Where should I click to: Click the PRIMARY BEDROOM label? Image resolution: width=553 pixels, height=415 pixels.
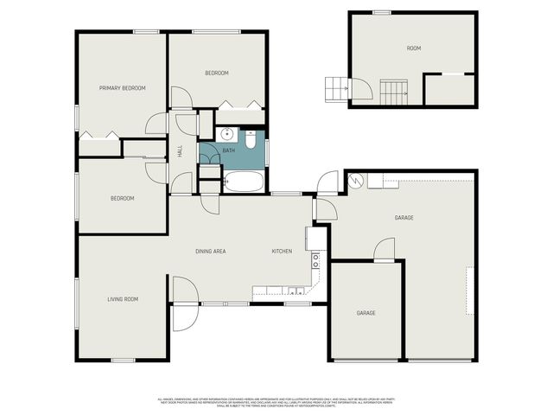coord(122,88)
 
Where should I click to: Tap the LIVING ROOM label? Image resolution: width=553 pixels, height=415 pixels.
coord(123,299)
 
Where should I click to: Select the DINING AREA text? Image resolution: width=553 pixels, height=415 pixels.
coord(210,252)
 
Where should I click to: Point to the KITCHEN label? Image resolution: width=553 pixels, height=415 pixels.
coord(282,252)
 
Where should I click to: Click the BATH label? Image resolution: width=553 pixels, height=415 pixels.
coord(229,151)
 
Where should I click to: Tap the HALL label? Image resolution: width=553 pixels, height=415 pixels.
coord(180,150)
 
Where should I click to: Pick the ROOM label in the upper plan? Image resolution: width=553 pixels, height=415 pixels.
coord(414,48)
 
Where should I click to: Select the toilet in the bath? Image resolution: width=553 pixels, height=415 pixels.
coord(251,137)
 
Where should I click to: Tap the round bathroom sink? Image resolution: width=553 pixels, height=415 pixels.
coord(226,134)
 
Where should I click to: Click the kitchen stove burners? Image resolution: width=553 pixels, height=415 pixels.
coord(316,257)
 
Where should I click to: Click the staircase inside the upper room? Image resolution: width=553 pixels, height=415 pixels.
coord(395,90)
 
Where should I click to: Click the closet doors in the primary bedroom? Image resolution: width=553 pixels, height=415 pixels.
coord(99,135)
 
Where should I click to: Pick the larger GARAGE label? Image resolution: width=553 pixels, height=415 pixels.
coord(404,218)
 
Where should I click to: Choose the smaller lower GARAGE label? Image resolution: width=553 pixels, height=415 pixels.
coord(366,313)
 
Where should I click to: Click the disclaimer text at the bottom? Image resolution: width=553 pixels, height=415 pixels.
coord(276,402)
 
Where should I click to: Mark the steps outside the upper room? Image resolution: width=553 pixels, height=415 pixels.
coord(336,87)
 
